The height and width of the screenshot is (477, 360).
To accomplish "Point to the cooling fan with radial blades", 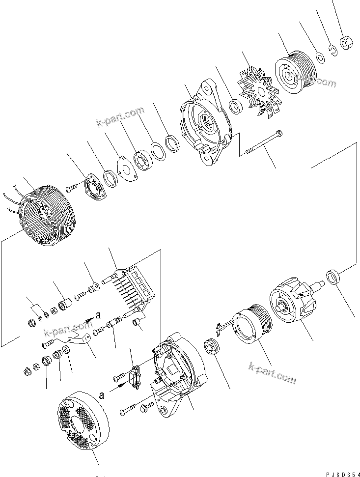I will [258, 91].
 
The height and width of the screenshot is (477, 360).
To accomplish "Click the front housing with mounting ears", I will [206, 125].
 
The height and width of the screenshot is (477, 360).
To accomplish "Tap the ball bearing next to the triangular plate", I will [142, 161].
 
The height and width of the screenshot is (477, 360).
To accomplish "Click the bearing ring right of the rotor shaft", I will [333, 277].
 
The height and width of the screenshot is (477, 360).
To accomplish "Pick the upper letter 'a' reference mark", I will [98, 315].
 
